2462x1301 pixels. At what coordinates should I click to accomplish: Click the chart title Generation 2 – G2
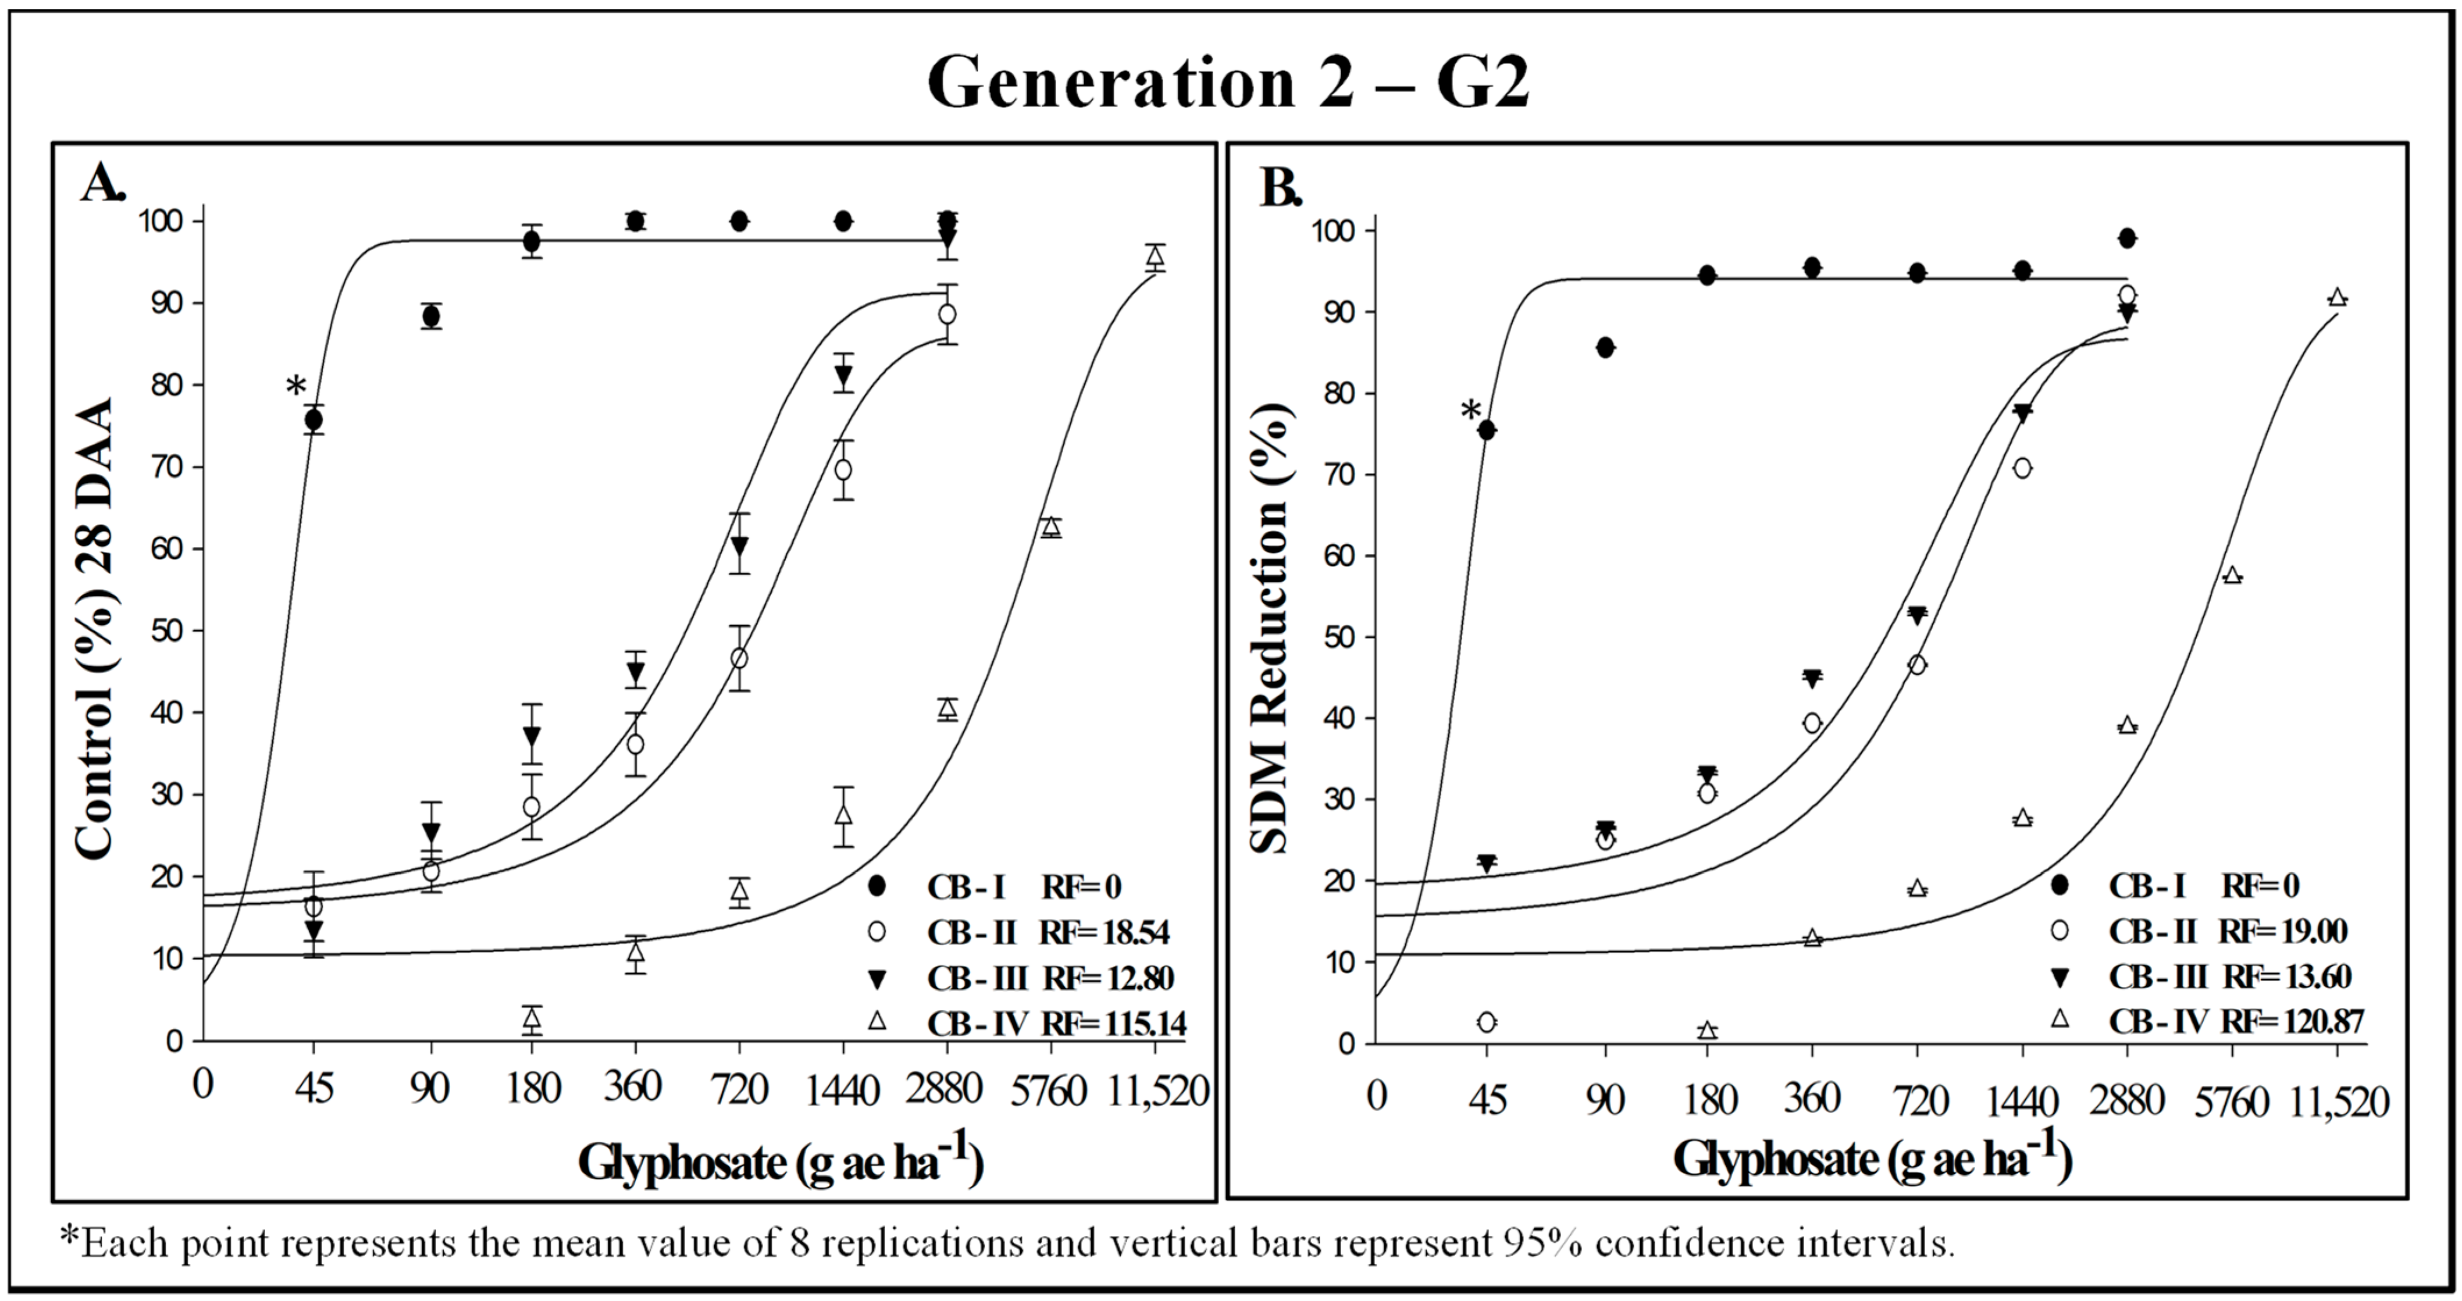(1228, 83)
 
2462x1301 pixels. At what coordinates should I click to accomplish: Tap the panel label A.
(102, 184)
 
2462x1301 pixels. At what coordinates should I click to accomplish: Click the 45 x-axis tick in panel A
(313, 1088)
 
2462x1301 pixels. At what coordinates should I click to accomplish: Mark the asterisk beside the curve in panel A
(295, 388)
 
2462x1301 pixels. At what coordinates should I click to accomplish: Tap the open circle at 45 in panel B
(1486, 1022)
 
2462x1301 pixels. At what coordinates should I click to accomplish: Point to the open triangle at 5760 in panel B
(2233, 575)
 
